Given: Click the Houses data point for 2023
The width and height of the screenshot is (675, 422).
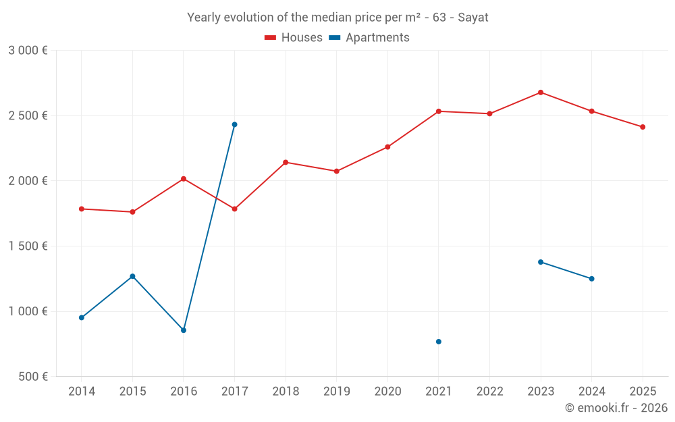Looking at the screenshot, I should (541, 93).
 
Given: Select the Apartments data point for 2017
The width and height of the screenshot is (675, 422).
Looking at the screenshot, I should (234, 124).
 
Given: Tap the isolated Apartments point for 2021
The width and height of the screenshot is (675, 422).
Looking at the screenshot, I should (439, 342).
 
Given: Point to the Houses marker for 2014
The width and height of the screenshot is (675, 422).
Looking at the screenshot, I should (82, 209).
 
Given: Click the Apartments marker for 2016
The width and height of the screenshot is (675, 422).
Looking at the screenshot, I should (184, 330).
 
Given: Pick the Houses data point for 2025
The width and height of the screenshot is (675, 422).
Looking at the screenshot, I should (643, 127).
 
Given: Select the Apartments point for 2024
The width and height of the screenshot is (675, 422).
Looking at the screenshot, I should (592, 279).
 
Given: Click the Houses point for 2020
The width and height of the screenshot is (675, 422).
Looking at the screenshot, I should (387, 147).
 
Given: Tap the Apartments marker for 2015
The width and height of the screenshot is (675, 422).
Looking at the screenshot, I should (132, 276).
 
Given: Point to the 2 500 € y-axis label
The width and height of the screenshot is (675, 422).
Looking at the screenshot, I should (28, 115).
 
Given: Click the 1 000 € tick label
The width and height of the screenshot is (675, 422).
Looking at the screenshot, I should (28, 311).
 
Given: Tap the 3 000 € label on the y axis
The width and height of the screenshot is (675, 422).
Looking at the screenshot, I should (28, 51).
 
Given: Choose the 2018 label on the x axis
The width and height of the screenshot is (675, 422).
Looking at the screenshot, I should (286, 391).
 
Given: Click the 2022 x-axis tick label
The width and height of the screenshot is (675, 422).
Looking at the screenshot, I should (489, 391).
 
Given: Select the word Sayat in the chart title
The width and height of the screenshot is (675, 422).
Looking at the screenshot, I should (473, 18).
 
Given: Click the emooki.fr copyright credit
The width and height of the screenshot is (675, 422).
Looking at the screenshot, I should (616, 408).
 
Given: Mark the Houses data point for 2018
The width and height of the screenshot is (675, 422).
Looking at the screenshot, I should (286, 162).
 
